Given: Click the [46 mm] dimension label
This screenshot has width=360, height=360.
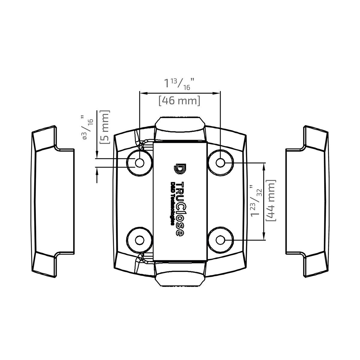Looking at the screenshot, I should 179,100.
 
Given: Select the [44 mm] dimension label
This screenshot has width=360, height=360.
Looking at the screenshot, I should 271,200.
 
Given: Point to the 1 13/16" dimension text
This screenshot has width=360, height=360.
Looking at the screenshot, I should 179,83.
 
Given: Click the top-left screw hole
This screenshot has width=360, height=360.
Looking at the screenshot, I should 139,163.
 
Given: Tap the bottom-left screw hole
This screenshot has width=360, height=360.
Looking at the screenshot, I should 139,240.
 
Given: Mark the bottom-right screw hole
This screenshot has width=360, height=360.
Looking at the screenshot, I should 221,240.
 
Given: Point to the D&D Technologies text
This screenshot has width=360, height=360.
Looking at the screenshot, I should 173,203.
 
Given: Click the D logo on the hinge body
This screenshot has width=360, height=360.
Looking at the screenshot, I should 180,169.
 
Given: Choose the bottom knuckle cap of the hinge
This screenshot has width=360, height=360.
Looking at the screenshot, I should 180,274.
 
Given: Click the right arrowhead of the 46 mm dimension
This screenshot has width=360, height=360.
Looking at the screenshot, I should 217,93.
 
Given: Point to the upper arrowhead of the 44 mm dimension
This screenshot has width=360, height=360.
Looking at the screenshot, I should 264,166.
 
